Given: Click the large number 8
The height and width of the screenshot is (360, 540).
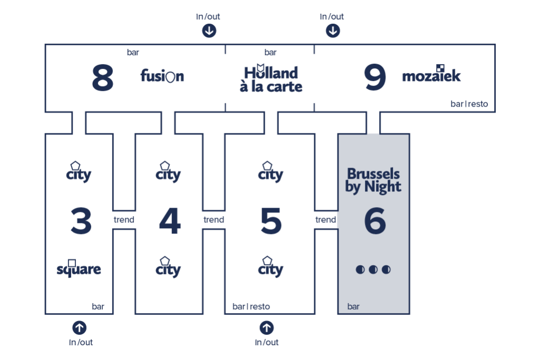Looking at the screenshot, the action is pos(103,77).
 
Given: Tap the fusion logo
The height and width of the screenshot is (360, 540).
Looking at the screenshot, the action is pos(162,76).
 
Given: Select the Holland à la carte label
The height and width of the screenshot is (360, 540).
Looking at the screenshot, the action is pos(271,79).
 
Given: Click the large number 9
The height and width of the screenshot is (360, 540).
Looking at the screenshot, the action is pos(375,77).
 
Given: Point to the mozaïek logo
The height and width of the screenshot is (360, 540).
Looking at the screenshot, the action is pos(431,74).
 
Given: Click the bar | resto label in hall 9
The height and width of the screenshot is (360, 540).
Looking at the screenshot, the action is pos(469,104).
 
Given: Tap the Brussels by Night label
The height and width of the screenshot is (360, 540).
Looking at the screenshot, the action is pos(373,181).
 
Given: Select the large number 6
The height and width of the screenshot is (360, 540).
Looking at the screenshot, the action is pos(375,221).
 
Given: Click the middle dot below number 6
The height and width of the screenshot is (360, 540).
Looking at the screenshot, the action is pos(373,269).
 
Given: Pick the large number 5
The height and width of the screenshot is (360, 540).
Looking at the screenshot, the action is pos(271,221).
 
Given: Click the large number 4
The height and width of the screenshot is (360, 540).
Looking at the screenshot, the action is pos(170,221).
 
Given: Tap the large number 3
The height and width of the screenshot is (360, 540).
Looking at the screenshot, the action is pos(81,221).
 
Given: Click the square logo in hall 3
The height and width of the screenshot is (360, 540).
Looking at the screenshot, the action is pos(79,268).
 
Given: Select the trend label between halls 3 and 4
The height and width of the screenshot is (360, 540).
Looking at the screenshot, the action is pos(124,220).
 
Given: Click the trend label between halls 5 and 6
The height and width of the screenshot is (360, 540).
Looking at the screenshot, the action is pos(325,220).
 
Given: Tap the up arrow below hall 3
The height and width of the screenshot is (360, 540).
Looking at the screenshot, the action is pos(80,328).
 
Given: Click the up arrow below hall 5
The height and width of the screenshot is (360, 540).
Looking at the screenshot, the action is pos(266,328).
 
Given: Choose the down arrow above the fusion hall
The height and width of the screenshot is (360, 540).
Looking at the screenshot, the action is pos(209,31).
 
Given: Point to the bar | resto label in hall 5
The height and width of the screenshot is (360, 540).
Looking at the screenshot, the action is pos(251,307).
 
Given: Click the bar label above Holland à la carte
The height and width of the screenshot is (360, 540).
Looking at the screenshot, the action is pos(271,52).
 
